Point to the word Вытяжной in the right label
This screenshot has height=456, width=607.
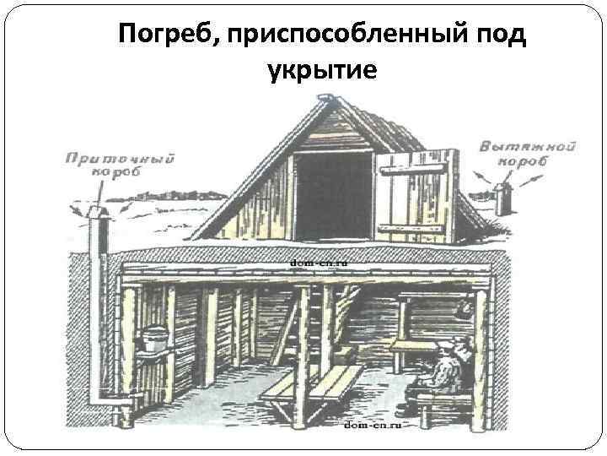pos(528,146)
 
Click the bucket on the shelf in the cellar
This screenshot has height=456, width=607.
pos(153,339)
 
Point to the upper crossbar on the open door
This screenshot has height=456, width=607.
pos(412,168)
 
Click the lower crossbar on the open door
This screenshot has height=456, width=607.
pos(412,225)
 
